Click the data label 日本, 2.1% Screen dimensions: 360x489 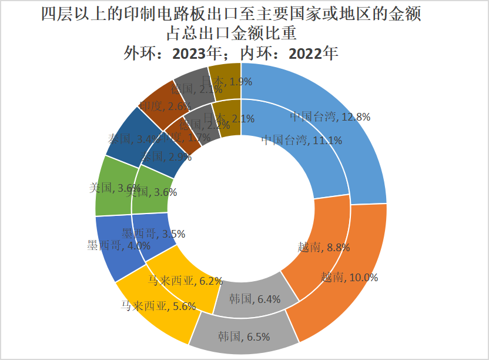(229, 118)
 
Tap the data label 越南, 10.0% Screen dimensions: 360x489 (349, 277)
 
